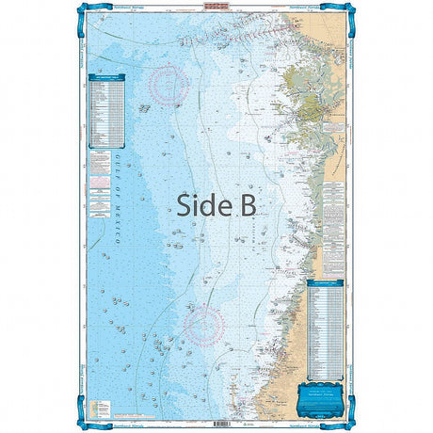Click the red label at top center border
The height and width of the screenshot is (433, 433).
[216, 6]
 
